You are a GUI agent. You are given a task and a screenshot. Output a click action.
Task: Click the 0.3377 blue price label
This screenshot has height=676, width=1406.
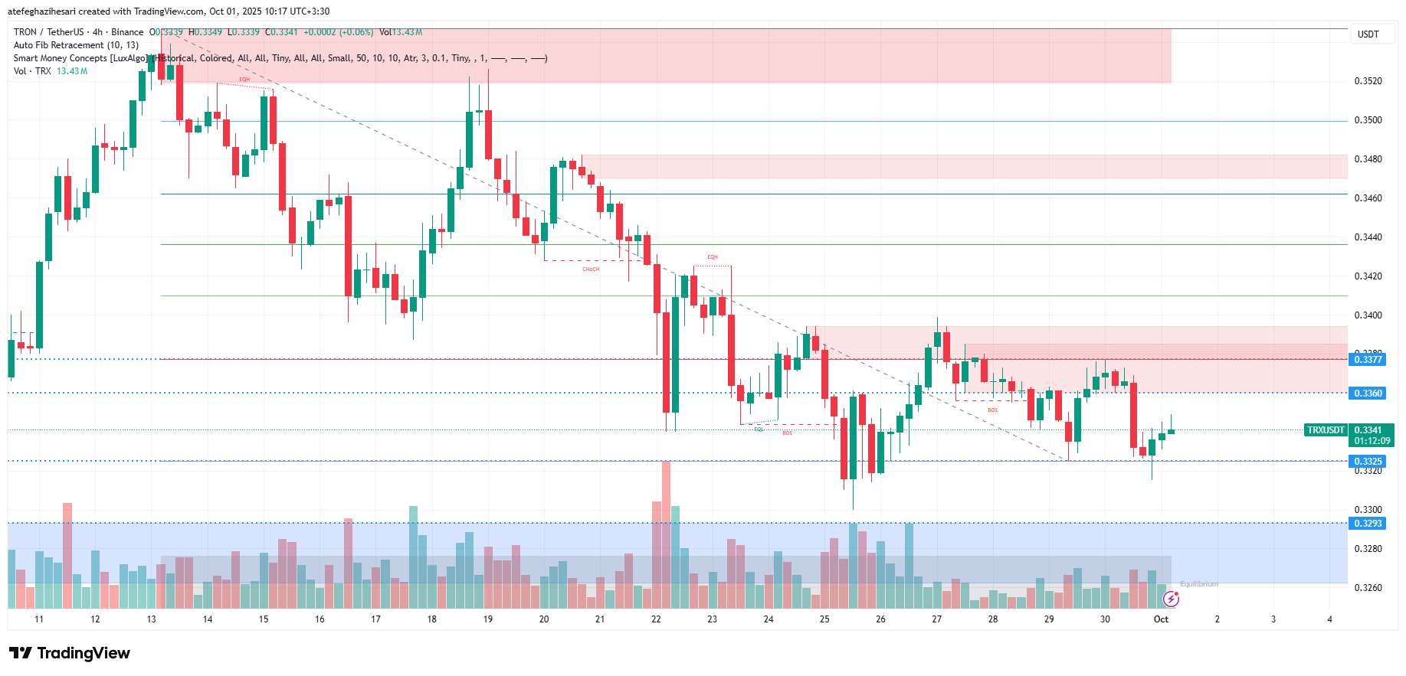coord(1368,360)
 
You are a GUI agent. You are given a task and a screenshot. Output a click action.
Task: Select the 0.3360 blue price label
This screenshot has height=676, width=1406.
coord(1368,394)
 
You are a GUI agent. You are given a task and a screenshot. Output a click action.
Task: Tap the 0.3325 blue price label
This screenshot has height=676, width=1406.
coord(1368,462)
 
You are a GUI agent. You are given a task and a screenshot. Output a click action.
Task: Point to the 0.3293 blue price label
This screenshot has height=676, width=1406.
coord(1368,524)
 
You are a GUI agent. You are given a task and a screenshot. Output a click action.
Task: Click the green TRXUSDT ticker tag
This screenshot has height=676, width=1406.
coord(1326,430)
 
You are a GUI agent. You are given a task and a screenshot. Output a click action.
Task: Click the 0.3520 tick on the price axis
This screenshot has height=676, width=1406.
coord(1368,81)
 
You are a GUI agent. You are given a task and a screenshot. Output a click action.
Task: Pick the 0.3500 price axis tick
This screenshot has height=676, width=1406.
coord(1368,120)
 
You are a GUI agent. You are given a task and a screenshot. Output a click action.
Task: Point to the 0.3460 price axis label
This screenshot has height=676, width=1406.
coord(1368,198)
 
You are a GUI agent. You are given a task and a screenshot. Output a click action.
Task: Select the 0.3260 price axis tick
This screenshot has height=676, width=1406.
coord(1368,588)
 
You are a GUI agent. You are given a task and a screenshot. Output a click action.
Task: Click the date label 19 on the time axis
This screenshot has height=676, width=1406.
coord(488,619)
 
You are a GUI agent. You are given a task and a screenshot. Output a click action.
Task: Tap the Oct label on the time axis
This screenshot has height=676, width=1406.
coord(1161,619)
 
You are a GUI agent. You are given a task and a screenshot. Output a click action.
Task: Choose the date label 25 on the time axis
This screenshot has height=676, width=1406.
coord(824,619)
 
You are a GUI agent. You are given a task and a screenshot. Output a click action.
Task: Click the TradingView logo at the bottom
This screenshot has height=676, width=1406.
coord(70,653)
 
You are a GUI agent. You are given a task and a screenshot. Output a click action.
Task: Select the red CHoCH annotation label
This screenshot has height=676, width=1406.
coord(591,269)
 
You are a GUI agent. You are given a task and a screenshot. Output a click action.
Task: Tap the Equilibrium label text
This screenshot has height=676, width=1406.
coord(1198,584)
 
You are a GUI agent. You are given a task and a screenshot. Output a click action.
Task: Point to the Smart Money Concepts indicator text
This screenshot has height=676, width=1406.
coord(80,58)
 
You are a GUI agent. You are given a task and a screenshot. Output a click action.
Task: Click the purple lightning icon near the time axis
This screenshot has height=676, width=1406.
coord(1171,599)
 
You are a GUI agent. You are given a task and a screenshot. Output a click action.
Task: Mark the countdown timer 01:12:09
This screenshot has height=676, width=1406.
coord(1372,441)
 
